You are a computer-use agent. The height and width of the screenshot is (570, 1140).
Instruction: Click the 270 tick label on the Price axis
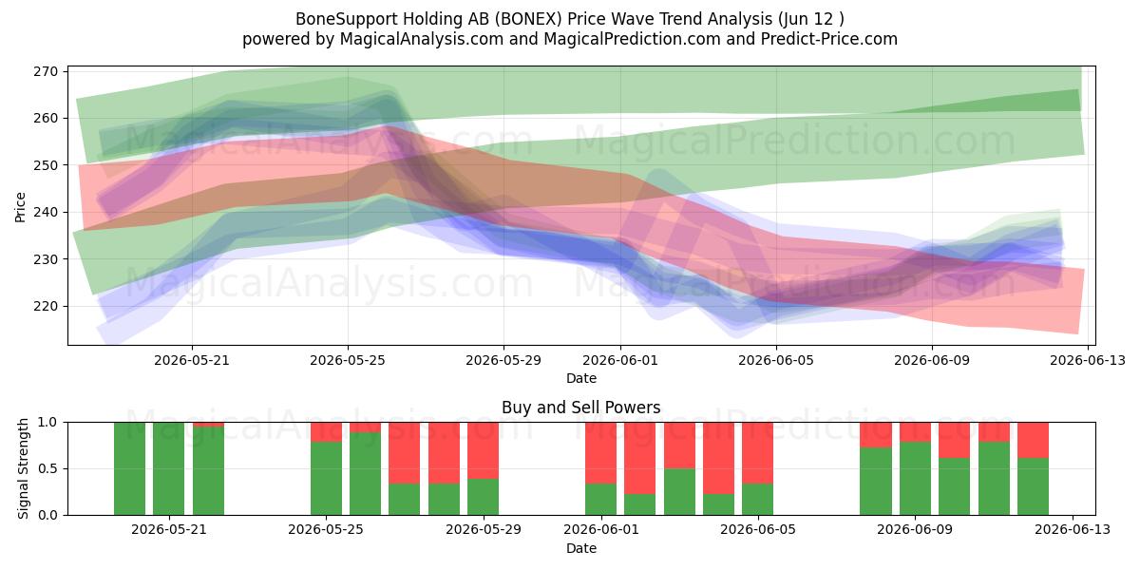[46, 71]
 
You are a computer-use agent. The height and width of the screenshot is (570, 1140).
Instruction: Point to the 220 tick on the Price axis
[46, 306]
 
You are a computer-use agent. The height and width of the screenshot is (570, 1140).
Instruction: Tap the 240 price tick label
[46, 212]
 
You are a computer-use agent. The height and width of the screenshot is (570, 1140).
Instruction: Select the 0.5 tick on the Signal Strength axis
[47, 468]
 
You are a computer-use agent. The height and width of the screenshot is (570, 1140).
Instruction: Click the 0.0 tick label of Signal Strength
[47, 515]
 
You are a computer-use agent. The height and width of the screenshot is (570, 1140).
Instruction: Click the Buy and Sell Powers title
[581, 408]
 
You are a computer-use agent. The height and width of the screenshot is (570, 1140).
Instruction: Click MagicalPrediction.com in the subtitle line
[632, 39]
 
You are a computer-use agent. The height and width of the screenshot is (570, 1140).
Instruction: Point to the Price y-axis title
[20, 207]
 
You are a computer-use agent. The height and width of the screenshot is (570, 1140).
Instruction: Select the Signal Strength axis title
[23, 468]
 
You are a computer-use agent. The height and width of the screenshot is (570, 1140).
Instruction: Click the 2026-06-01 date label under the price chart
[620, 360]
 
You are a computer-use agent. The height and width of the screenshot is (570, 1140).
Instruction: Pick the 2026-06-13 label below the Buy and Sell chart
[1073, 530]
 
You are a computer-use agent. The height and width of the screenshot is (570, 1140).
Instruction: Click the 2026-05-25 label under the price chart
[348, 360]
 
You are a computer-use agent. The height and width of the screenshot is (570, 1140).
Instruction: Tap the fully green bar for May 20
[169, 468]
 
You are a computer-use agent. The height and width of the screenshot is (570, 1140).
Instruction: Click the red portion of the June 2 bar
[640, 458]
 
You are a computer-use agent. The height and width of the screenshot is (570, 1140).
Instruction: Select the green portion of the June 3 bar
[679, 492]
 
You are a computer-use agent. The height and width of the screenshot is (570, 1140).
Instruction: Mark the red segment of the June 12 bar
[1034, 440]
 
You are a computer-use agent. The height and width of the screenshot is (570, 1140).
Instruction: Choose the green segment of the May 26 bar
[366, 474]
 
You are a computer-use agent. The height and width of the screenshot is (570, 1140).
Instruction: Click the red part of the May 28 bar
[444, 453]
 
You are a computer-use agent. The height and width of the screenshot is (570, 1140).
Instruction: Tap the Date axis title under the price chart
[581, 379]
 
